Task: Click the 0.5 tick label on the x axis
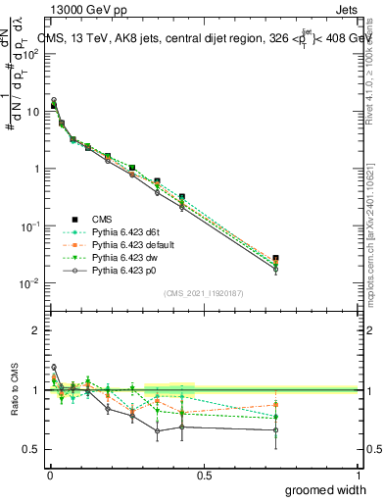(204, 475)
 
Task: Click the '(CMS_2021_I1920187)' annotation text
(203, 294)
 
